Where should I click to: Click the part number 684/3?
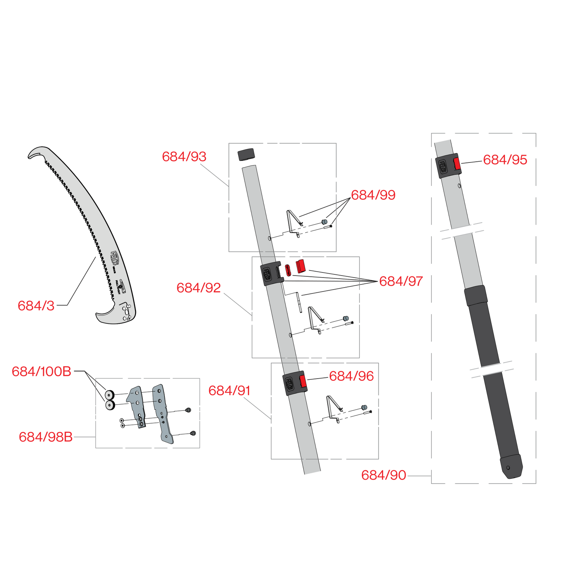coord(36,306)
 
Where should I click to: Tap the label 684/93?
coord(184,157)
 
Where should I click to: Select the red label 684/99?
coord(373,195)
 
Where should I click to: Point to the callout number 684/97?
coord(401,281)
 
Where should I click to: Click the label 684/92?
coord(199,288)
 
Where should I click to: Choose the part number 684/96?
coord(351,376)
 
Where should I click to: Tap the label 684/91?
coord(229,391)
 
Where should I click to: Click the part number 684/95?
coord(505,160)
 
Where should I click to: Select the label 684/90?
coord(384,475)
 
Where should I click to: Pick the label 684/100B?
coord(42,372)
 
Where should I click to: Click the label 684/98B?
coord(45,437)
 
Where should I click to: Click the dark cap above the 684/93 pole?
coord(246,154)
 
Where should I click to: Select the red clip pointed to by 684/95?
coord(457,164)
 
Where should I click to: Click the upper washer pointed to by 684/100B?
coord(109,395)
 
